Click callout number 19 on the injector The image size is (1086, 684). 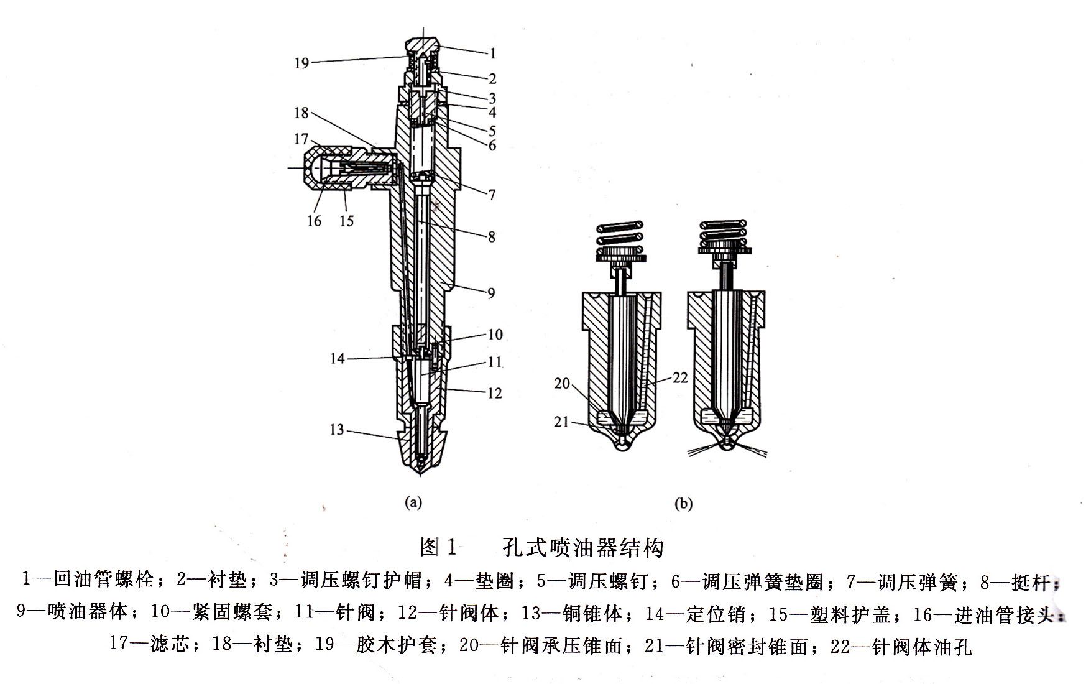click(301, 63)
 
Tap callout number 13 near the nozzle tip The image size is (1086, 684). click(336, 430)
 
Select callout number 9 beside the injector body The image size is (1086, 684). click(491, 293)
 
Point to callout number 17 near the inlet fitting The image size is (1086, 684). click(301, 139)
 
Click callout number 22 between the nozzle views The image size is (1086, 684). click(680, 377)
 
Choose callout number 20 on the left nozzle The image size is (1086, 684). click(562, 384)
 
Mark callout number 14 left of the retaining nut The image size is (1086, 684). click(337, 359)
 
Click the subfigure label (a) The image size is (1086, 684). click(413, 502)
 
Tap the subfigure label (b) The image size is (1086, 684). click(683, 504)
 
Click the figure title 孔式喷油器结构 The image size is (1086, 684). click(583, 548)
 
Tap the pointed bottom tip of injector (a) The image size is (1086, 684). click(422, 473)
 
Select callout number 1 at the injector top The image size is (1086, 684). click(492, 54)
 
